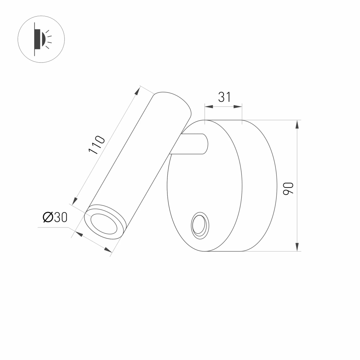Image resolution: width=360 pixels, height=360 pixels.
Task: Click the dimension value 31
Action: point(224,97)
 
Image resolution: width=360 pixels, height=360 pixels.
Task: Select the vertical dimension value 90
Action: point(289,188)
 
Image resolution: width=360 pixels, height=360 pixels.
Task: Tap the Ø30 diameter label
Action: point(55,217)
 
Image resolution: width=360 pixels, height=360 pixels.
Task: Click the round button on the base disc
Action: point(199,226)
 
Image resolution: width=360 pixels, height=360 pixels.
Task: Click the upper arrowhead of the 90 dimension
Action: point(297,125)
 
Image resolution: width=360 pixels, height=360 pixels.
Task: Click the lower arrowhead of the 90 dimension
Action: point(297,247)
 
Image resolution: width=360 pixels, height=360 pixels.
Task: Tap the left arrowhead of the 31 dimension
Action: point(209,107)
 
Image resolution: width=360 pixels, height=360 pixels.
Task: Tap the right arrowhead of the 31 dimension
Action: point(238,107)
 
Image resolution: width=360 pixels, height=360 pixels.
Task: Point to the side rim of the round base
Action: point(259,187)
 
